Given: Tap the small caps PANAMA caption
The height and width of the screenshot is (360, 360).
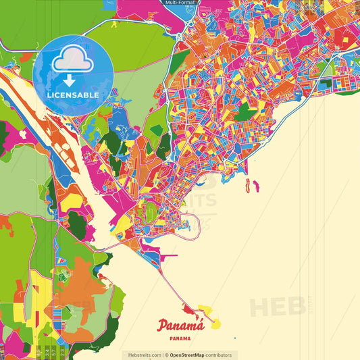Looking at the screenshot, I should pos(180,338).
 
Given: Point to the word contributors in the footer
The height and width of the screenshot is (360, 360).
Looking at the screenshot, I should pos(217,355).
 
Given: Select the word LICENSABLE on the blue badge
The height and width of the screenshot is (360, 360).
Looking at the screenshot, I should pos(73,95).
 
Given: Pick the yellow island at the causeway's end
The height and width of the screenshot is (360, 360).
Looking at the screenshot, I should pos(215,324).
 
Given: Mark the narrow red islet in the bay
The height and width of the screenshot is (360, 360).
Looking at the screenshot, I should pos(248,184).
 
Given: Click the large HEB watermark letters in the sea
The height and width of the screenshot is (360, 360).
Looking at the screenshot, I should pos(277,306).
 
